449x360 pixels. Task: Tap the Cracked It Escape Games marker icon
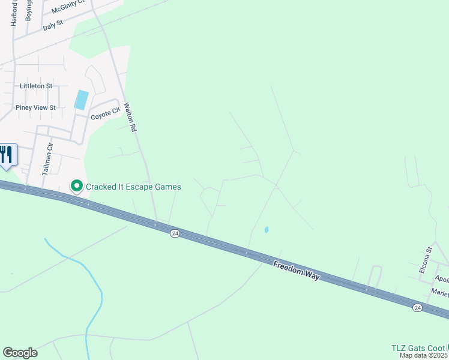[77, 187]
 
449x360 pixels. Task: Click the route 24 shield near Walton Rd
[174, 233]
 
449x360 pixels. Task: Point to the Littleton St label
[36, 86]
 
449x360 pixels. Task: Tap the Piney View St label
[35, 108]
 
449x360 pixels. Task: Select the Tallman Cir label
[48, 158]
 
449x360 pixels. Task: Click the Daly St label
[53, 25]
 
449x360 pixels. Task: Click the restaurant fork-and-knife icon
[7, 155]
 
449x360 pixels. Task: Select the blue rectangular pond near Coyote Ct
[81, 100]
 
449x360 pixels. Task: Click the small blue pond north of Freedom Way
[266, 229]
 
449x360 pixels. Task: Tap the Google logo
[20, 353]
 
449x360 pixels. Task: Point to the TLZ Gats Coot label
[418, 348]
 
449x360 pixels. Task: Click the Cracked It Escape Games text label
[133, 187]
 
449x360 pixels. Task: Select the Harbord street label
[14, 13]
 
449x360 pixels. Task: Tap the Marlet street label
[439, 292]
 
